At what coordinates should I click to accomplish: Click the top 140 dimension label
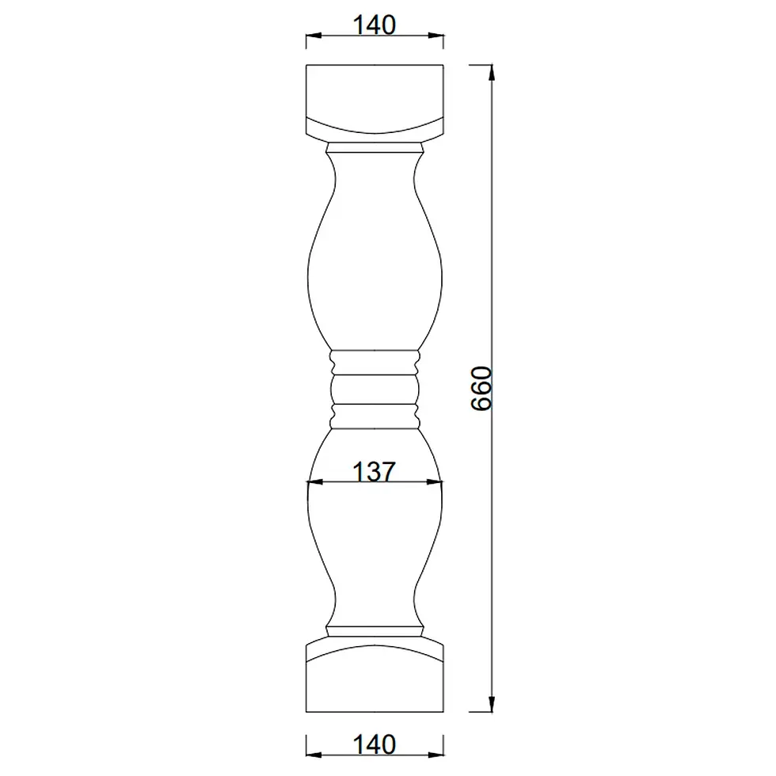tap(374, 25)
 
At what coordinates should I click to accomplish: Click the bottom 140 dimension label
tap(374, 744)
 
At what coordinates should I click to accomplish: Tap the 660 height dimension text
tap(481, 389)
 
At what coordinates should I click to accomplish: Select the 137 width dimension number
tap(374, 471)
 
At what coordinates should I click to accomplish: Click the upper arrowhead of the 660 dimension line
tap(492, 72)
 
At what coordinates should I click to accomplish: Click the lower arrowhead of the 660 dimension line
tap(492, 704)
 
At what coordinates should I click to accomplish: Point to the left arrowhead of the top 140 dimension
tap(314, 36)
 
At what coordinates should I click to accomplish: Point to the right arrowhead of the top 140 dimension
tap(436, 36)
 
